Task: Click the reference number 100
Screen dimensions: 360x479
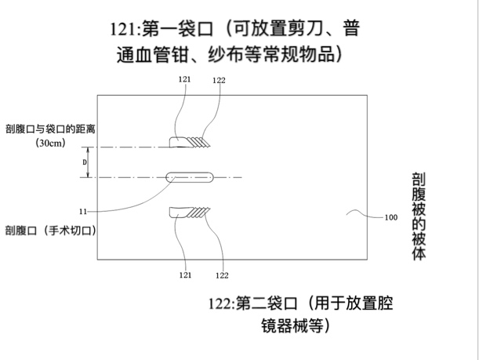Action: [390, 218]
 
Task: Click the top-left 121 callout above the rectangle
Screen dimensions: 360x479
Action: [185, 79]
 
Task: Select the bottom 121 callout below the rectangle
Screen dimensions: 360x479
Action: [185, 275]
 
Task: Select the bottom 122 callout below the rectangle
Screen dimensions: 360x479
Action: [221, 275]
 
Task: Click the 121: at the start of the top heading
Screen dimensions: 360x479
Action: [125, 30]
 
